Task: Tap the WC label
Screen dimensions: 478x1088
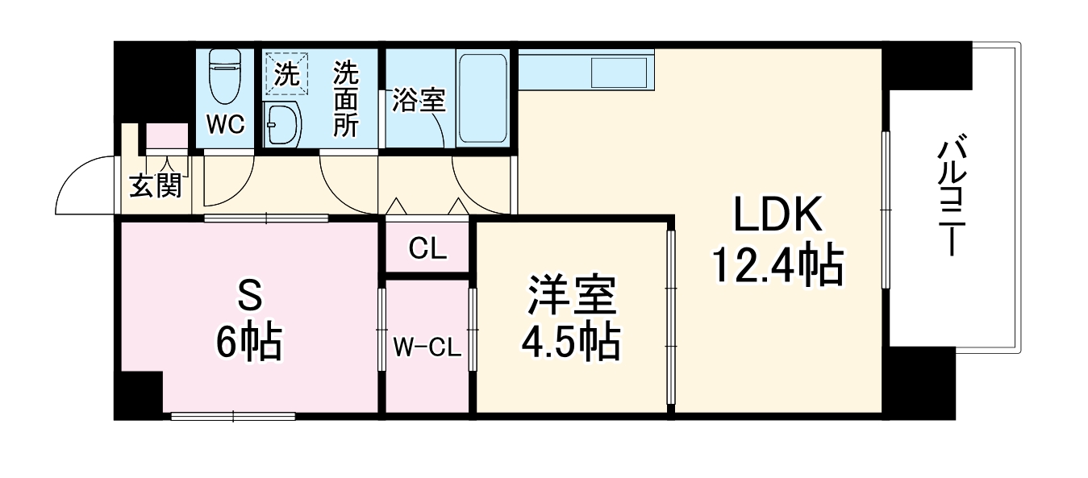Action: [x=225, y=124]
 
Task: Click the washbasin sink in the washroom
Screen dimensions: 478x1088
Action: [x=282, y=126]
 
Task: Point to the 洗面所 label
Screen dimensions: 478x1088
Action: [x=346, y=99]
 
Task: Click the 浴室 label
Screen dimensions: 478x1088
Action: [x=419, y=100]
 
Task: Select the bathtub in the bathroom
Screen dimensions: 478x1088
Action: [x=482, y=98]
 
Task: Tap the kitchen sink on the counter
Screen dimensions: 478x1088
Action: [x=619, y=73]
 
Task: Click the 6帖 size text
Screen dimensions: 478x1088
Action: [x=248, y=344]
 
